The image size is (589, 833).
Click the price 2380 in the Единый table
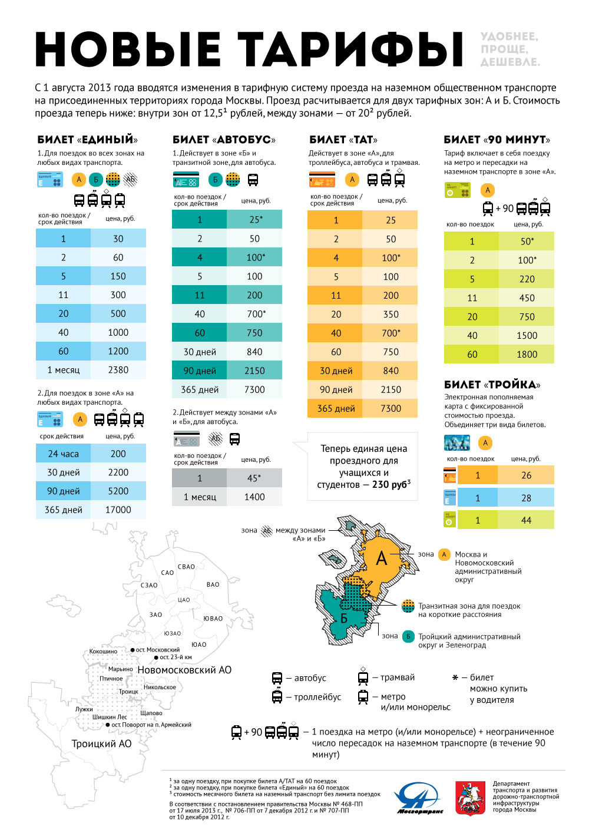[118, 370]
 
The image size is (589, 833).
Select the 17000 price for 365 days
[118, 510]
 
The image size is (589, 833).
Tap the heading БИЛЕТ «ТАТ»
[343, 140]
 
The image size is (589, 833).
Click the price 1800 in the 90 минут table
[527, 354]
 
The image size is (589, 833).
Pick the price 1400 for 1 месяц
[254, 497]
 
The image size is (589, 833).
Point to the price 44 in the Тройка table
[526, 520]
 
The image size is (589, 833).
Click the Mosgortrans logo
[419, 798]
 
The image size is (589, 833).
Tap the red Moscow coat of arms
[470, 798]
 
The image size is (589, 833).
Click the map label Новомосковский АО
[184, 670]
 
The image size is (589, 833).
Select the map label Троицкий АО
[101, 743]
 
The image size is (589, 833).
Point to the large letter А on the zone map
[382, 558]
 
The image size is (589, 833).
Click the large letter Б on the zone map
[344, 618]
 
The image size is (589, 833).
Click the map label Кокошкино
[103, 652]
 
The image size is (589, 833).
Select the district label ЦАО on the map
[184, 600]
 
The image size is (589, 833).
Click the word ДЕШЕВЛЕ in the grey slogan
[509, 62]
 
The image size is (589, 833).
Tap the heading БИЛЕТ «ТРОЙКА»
[492, 385]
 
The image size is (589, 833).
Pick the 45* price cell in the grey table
[254, 478]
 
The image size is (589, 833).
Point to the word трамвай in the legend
[398, 677]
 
